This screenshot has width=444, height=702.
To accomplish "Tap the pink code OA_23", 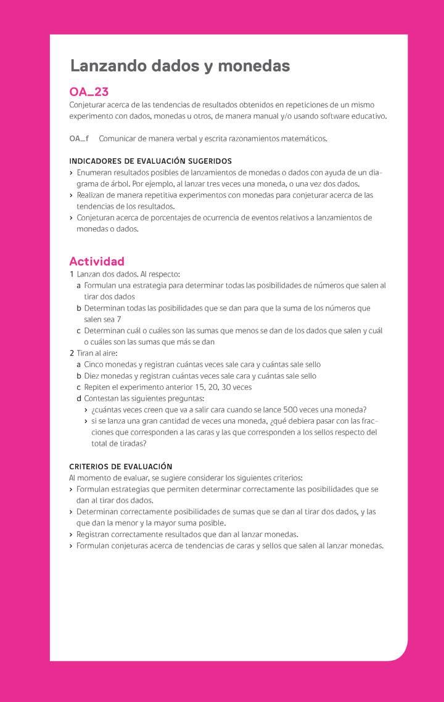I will pyautogui.click(x=89, y=92).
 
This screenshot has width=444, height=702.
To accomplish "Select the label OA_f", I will pyautogui.click(x=79, y=139).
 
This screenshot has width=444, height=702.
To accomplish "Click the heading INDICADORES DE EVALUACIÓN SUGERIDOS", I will pyautogui.click(x=150, y=161).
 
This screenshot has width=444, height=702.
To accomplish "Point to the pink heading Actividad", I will pyautogui.click(x=97, y=261).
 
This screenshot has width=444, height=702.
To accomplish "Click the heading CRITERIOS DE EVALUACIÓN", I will pyautogui.click(x=121, y=466).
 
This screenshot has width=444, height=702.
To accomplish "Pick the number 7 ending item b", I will pyautogui.click(x=118, y=319).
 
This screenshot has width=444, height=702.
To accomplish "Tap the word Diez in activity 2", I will pyautogui.click(x=92, y=376).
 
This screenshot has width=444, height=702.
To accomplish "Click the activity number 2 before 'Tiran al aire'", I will pyautogui.click(x=72, y=353).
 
